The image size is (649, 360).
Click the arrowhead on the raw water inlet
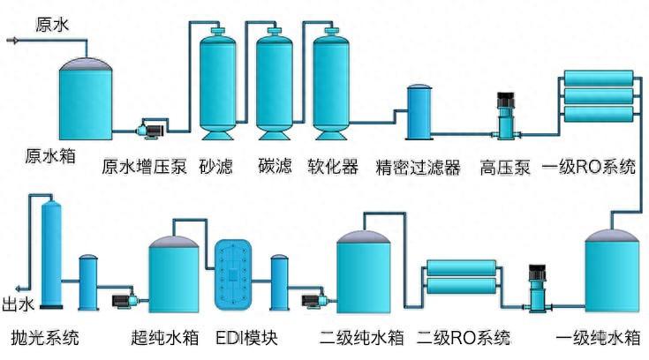(11, 40)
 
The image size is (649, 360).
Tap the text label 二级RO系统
(464, 337)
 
